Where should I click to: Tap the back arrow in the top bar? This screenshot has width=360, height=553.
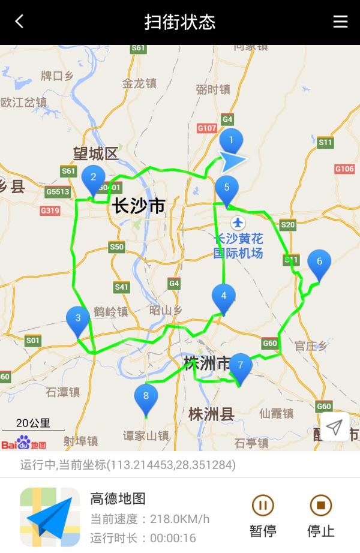[19, 22]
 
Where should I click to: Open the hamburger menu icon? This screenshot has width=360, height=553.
[340, 22]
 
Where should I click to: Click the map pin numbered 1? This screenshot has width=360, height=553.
[231, 142]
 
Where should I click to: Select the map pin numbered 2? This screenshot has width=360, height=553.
[93, 178]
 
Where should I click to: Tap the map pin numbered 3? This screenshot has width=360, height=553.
[78, 319]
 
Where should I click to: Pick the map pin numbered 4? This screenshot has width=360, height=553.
[224, 296]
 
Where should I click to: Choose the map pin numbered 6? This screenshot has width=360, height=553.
[319, 262]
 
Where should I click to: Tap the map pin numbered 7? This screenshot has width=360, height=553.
[241, 366]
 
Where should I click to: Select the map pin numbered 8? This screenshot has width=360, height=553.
[146, 396]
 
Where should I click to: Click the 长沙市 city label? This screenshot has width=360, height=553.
[139, 206]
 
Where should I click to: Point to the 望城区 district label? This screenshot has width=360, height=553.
[96, 154]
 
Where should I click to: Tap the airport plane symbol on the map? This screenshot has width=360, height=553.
[239, 223]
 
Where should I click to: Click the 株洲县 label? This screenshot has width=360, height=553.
[211, 414]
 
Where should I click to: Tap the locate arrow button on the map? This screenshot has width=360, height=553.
[334, 427]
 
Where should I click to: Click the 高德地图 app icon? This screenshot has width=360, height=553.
[50, 517]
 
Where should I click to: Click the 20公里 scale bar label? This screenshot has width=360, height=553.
[33, 423]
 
